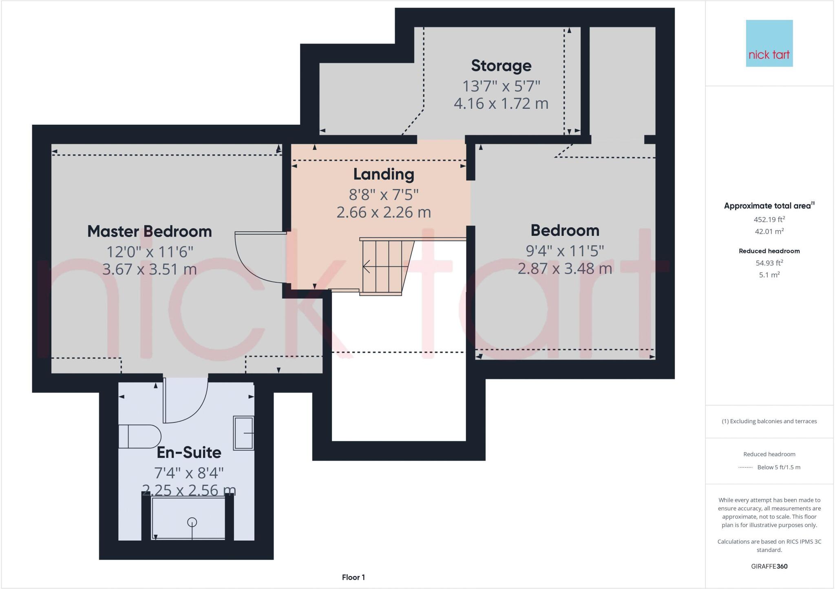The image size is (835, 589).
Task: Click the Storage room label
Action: click(501, 66)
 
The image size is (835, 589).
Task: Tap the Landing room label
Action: click(384, 174)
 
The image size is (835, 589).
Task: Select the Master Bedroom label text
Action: click(150, 231)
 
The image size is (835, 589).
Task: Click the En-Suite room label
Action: click(189, 452)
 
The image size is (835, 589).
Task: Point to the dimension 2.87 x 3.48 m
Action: click(565, 268)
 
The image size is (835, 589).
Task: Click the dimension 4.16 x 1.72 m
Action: click(501, 103)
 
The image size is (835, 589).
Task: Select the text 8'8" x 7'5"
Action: click(384, 195)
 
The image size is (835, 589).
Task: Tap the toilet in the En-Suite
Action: click(140, 436)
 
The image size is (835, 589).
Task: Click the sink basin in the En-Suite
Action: click(243, 433)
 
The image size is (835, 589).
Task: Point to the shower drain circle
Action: click(192, 522)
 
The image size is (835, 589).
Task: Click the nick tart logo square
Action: click(769, 43)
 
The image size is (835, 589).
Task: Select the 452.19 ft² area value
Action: click(769, 220)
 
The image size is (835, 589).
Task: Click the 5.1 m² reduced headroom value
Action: click(769, 275)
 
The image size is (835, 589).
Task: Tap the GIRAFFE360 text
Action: click(769, 566)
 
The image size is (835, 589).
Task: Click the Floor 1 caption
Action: click(353, 577)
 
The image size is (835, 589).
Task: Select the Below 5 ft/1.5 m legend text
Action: click(778, 467)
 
